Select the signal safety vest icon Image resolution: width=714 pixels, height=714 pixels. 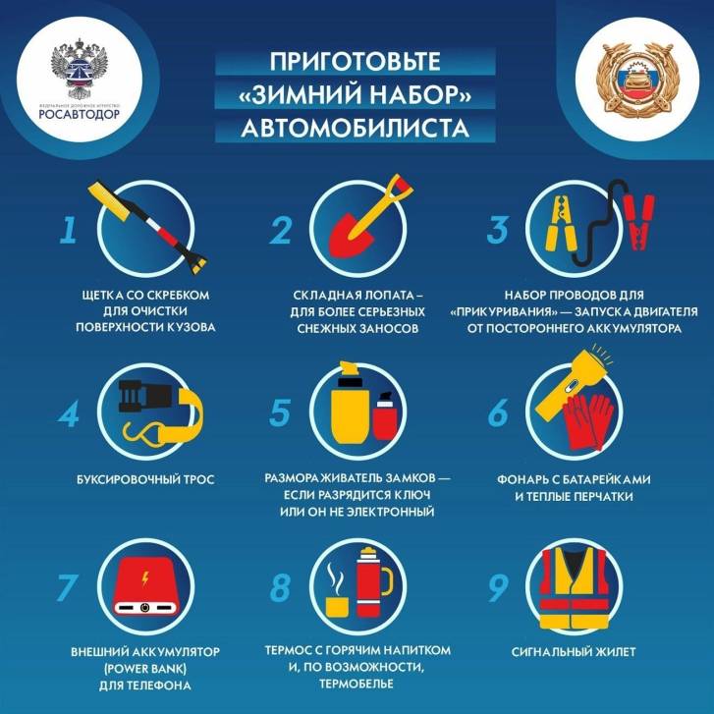tap(584, 590)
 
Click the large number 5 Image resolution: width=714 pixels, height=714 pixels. tap(280, 413)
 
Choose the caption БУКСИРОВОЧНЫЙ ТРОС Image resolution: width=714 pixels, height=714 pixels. tap(144, 479)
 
